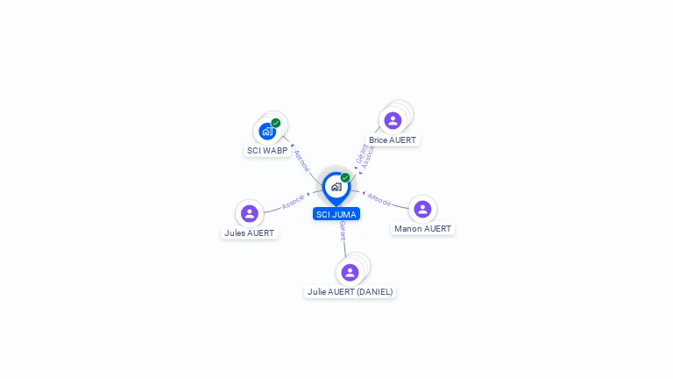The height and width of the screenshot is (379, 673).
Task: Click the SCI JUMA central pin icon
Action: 336,187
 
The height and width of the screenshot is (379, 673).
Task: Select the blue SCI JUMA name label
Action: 336,214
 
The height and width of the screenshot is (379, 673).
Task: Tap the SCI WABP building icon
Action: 267,132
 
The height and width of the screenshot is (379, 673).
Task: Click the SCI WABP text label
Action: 267,151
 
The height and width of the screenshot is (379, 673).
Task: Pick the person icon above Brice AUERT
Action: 393,120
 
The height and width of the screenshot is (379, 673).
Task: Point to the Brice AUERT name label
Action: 393,140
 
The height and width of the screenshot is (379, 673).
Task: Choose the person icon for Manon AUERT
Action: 422,209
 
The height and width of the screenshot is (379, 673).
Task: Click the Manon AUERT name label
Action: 422,229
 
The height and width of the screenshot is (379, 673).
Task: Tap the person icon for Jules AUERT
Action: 250,213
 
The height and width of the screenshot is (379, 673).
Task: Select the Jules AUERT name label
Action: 250,233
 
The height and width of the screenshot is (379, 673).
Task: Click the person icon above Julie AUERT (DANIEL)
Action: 350,272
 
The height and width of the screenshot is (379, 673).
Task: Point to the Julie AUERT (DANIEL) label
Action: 350,292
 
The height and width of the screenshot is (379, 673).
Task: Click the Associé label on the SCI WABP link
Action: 301,161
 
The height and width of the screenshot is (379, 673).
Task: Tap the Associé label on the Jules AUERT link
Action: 294,201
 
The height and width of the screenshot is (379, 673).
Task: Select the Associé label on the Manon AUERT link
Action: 379,199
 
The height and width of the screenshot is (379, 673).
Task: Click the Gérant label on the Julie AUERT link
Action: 343,232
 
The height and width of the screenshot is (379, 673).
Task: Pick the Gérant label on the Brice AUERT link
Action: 360,153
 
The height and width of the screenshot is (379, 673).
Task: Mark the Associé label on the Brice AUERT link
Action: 368,157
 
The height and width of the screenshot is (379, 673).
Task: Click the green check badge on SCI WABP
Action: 276,124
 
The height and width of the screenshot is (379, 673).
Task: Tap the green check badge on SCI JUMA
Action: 345,178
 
